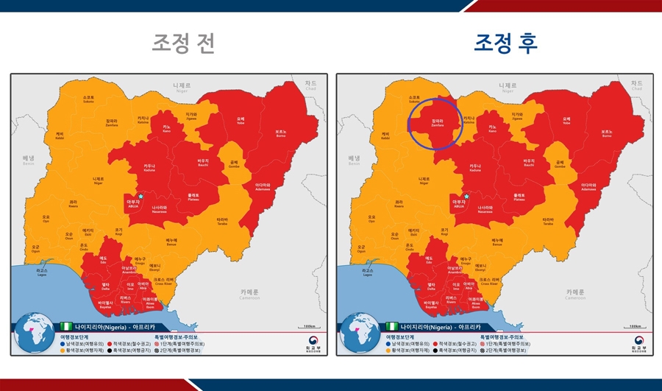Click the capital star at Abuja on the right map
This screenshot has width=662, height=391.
(466, 196)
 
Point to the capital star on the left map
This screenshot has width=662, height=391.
(140, 196)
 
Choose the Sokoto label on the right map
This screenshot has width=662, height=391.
(414, 99)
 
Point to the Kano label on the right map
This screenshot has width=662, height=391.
(492, 128)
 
